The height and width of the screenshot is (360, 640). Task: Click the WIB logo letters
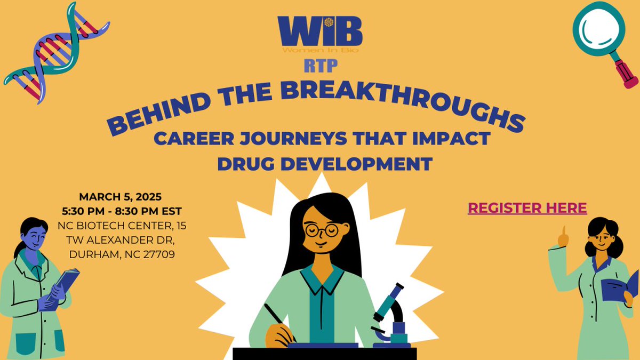[x=319, y=32]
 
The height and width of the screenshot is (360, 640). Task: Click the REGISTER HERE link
[x=527, y=208]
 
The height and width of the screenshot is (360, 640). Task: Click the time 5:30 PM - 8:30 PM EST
[x=122, y=212]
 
